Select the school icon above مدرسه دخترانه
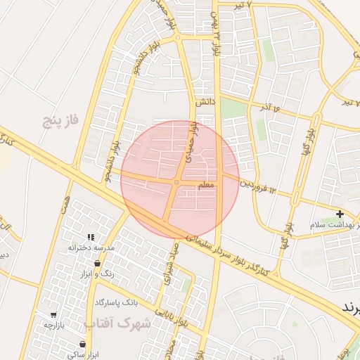pyautogui.click(x=90, y=238)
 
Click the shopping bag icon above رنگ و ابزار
pyautogui.click(x=98, y=263)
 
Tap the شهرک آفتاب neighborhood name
pyautogui.click(x=118, y=323)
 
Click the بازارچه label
pyautogui.click(x=54, y=326)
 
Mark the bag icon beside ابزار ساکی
pyautogui.click(x=83, y=344)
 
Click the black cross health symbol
pyautogui.click(x=340, y=214)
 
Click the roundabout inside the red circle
pyautogui.click(x=176, y=182)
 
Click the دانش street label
pyautogui.click(x=204, y=102)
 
